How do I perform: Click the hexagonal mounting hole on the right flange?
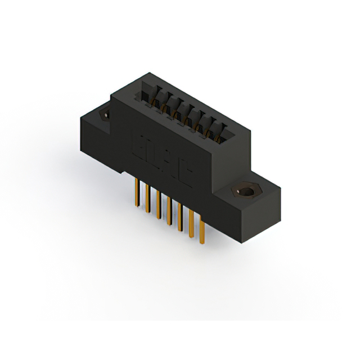tap(246, 192)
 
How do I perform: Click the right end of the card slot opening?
tap(228, 134)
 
